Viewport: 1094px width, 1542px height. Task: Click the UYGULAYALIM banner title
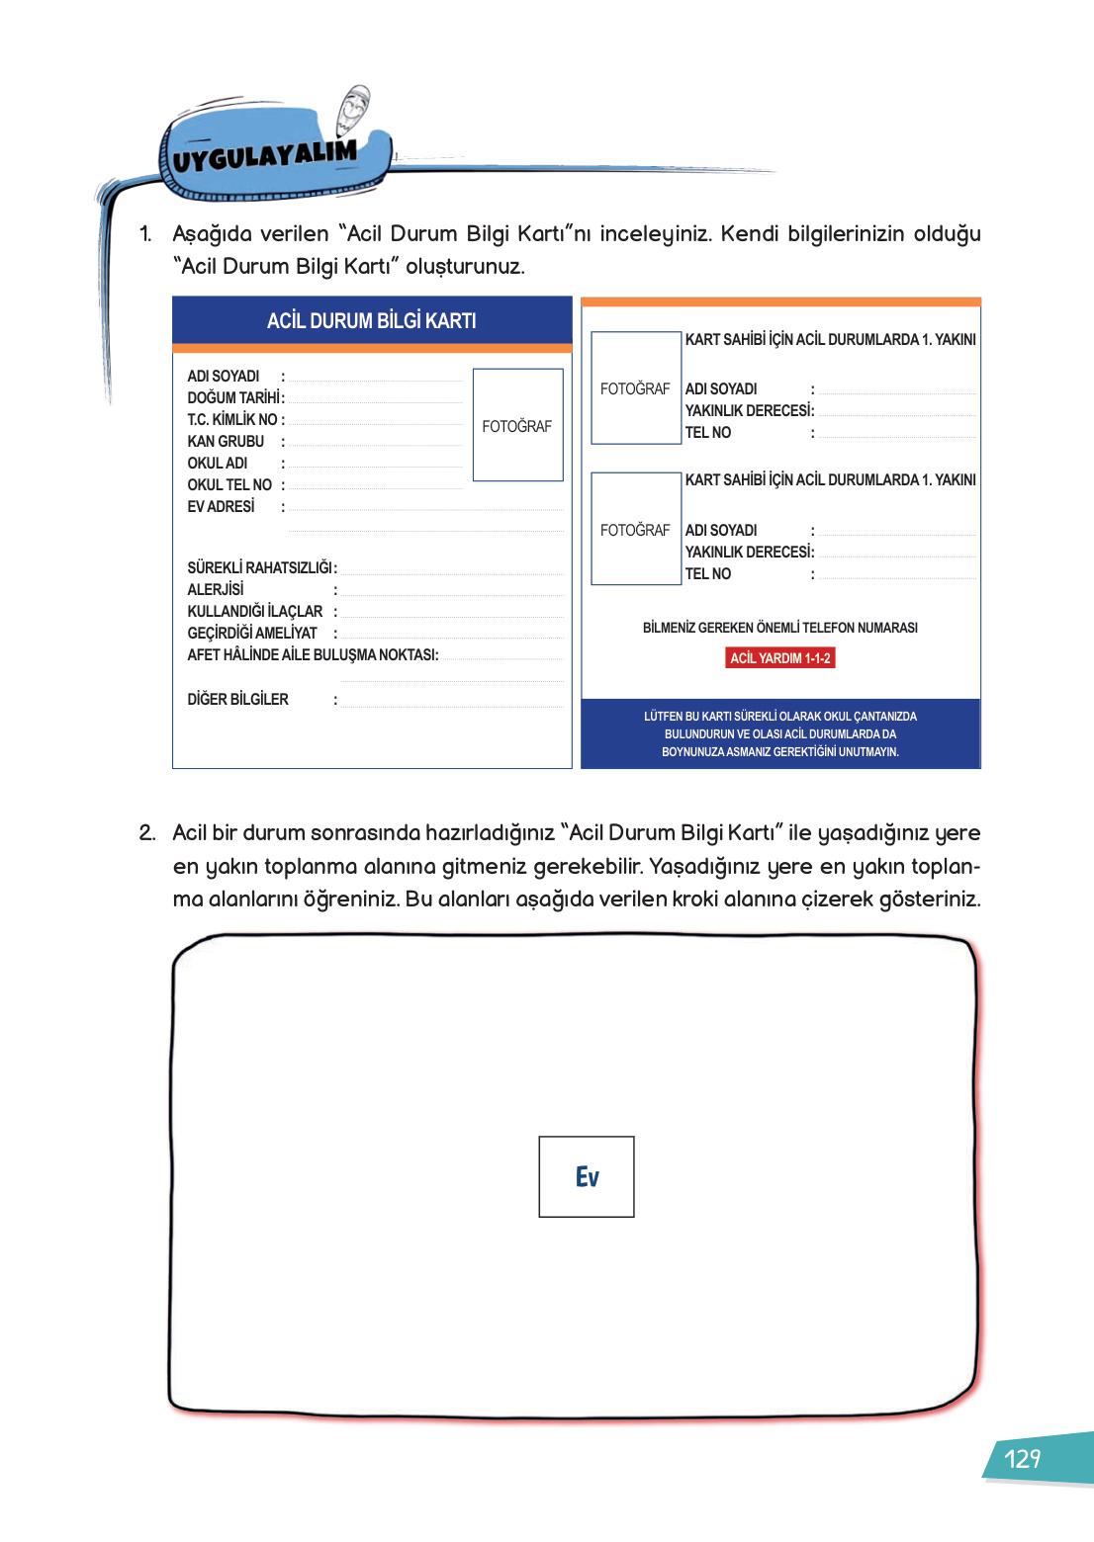click(264, 155)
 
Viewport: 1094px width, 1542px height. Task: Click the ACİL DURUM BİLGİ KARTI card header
click(372, 320)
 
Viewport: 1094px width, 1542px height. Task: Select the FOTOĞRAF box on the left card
click(517, 425)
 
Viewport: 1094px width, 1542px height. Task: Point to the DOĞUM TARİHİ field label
click(235, 397)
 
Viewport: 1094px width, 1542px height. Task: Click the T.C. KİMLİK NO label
click(234, 419)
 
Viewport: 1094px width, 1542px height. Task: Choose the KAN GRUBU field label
click(226, 441)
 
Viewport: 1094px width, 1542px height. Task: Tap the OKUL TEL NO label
click(229, 484)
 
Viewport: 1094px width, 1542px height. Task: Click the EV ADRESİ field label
click(221, 506)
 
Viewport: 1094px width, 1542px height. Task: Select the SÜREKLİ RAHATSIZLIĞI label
click(261, 567)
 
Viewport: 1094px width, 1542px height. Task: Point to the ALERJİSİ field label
click(216, 589)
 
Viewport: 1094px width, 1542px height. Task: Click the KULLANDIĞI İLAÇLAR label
click(255, 611)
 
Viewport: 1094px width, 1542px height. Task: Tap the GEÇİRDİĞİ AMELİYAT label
click(252, 633)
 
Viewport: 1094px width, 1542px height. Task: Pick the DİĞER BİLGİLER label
click(237, 699)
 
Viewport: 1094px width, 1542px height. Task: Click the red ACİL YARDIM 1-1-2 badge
click(779, 657)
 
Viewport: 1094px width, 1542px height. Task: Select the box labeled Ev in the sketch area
click(587, 1176)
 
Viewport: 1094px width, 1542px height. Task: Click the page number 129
click(1022, 1459)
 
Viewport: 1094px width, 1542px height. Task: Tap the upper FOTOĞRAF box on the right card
click(635, 388)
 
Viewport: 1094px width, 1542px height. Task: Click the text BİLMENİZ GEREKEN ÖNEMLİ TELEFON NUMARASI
click(779, 628)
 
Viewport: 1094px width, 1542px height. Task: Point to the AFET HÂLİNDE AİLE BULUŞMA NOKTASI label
click(313, 654)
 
